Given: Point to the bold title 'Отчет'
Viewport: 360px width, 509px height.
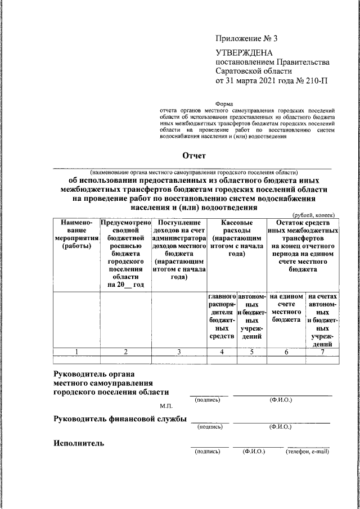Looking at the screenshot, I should pyautogui.click(x=193, y=155).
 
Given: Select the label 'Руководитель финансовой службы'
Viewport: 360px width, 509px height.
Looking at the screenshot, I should pyautogui.click(x=119, y=418).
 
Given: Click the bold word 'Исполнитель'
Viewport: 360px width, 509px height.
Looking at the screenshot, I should pyautogui.click(x=79, y=443).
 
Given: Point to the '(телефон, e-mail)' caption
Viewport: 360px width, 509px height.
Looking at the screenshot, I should pyautogui.click(x=307, y=452).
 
